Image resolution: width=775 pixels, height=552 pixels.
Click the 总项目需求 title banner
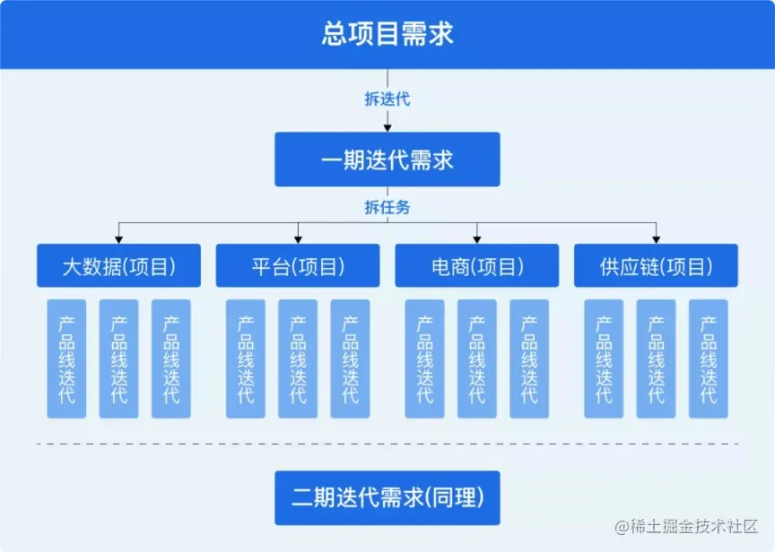tap(387, 34)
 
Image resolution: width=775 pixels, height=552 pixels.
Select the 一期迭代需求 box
tap(387, 160)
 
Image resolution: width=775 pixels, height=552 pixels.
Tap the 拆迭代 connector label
tap(387, 99)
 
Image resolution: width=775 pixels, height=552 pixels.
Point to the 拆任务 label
tap(387, 207)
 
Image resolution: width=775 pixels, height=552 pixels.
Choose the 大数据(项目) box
tap(118, 266)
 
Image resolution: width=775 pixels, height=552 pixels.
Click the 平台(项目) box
tap(298, 266)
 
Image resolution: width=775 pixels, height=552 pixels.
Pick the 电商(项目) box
tap(477, 266)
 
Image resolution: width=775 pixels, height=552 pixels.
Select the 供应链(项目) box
tap(657, 266)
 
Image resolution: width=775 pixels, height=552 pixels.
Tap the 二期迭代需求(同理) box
tap(387, 497)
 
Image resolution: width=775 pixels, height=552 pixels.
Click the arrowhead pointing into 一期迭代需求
tap(387, 127)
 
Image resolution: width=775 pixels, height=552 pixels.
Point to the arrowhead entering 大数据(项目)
tap(118, 239)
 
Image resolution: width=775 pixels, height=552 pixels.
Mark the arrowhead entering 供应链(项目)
tap(657, 239)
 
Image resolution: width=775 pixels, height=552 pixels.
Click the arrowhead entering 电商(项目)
tap(477, 239)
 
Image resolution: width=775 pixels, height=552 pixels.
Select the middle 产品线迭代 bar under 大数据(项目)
tap(118, 358)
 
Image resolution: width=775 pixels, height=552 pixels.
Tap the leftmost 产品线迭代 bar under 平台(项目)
tap(246, 358)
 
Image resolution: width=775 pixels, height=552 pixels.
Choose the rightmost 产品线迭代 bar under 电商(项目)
tap(529, 358)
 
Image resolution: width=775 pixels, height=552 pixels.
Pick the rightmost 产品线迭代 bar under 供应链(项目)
tap(709, 358)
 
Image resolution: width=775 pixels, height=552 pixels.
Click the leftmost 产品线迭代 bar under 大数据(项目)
tap(66, 358)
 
